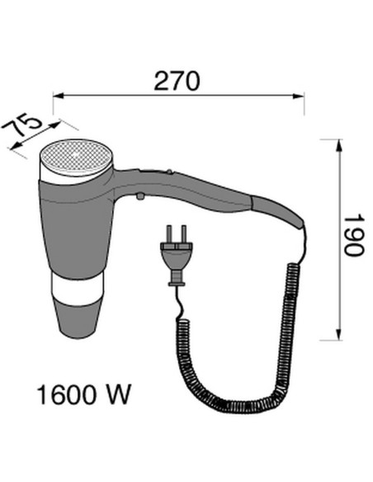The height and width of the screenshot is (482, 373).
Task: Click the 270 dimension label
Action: point(177,81)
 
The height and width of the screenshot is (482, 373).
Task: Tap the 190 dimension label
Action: point(354,235)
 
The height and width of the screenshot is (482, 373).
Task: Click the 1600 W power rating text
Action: point(84,395)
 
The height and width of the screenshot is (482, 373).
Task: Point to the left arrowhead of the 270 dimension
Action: point(59,97)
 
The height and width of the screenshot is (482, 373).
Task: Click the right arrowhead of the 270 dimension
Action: point(299,97)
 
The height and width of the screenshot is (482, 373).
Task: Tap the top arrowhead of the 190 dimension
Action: point(339,144)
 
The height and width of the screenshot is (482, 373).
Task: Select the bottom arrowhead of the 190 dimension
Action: point(339,335)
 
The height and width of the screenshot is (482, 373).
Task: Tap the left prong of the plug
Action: point(168,234)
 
